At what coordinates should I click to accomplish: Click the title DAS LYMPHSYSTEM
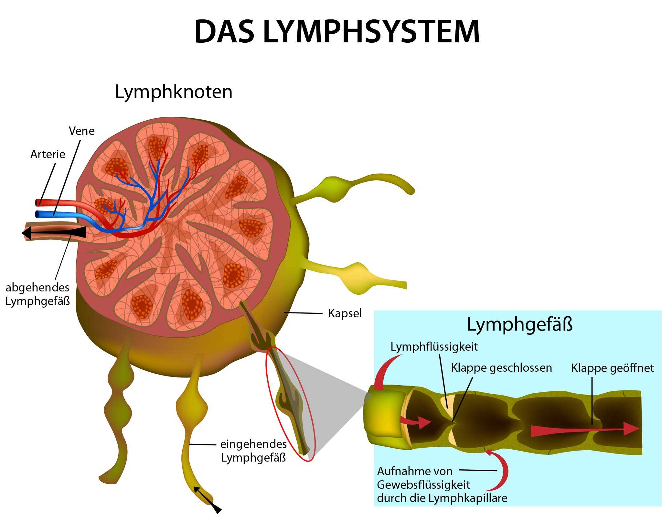tap(337, 32)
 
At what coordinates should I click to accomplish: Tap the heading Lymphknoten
tap(174, 92)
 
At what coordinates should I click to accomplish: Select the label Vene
tap(81, 131)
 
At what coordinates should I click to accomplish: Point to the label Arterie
tap(48, 154)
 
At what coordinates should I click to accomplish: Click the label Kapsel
tap(345, 313)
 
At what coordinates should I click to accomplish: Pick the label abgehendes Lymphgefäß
tap(37, 294)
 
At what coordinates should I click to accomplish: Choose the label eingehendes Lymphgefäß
tap(253, 451)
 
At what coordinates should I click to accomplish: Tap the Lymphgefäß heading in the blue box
tap(519, 324)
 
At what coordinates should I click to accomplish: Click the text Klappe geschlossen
tap(501, 368)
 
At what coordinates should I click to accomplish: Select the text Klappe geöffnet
tap(612, 368)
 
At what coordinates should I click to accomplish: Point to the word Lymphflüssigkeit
tap(434, 347)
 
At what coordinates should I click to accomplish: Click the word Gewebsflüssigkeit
tap(423, 485)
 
